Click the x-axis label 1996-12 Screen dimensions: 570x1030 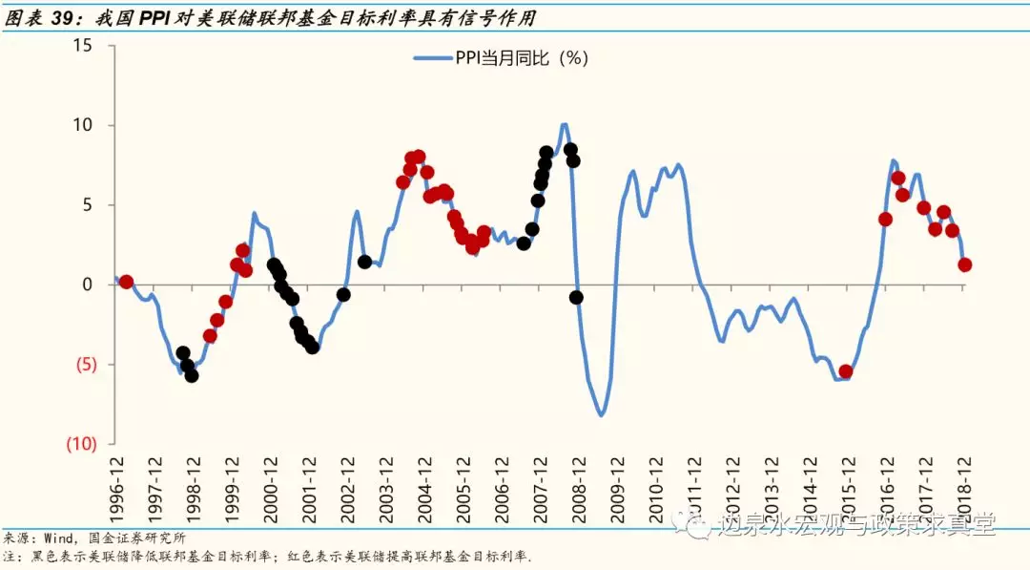coord(119,488)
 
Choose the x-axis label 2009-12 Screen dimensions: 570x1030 coord(619,488)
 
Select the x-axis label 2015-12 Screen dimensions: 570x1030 coord(849,488)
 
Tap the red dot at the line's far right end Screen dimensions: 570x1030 coord(965,264)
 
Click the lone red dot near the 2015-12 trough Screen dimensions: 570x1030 coord(845,371)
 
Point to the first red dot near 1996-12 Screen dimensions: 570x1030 coord(126,282)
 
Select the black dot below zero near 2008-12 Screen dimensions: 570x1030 coord(576,297)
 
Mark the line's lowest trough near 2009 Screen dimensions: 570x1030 coord(602,415)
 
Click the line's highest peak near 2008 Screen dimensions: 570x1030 coord(565,124)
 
